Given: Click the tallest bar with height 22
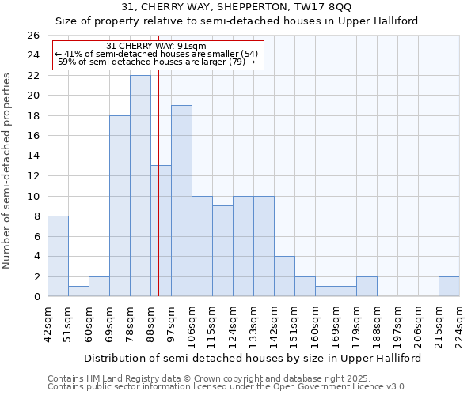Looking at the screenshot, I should click(140, 186).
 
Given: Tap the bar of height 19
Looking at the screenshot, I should click(181, 201).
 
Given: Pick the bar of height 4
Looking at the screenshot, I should click(284, 276).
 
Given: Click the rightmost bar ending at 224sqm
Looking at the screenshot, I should click(449, 286).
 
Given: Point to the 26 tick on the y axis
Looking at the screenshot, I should click(32, 36).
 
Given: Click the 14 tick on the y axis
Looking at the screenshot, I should click(32, 156).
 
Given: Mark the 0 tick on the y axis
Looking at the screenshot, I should click(36, 297).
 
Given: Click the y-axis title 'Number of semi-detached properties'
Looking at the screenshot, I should click(8, 171).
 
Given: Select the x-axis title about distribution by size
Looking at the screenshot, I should click(253, 358).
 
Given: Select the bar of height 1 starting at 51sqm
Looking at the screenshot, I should click(78, 291).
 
